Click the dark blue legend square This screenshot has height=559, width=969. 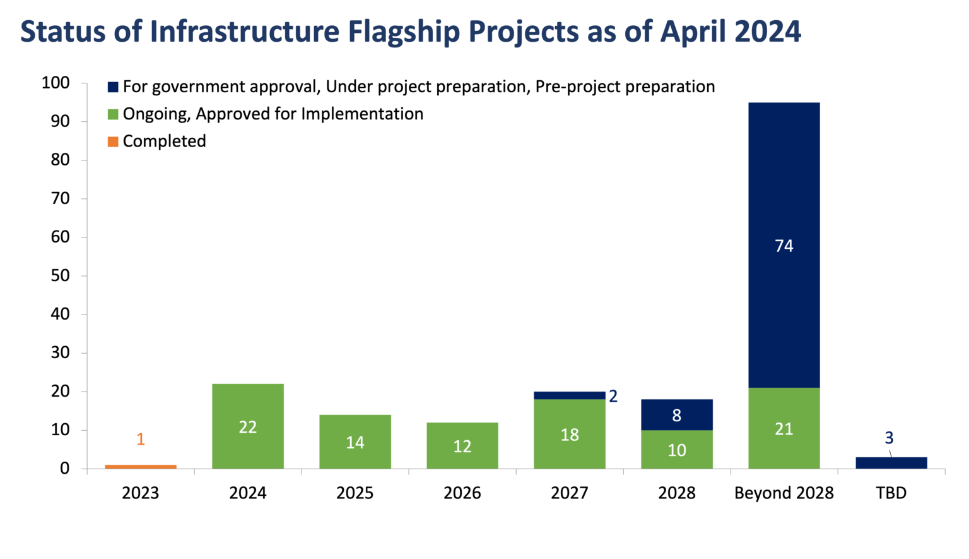pyautogui.click(x=113, y=87)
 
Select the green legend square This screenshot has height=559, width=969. pyautogui.click(x=113, y=114)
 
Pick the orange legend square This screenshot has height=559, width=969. pyautogui.click(x=113, y=142)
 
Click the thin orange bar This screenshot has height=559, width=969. pyautogui.click(x=141, y=466)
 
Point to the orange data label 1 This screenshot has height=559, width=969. pyautogui.click(x=141, y=439)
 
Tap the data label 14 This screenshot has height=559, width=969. pyautogui.click(x=355, y=443)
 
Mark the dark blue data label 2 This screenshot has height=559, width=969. pyautogui.click(x=613, y=396)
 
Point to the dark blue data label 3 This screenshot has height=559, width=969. pyautogui.click(x=889, y=438)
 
